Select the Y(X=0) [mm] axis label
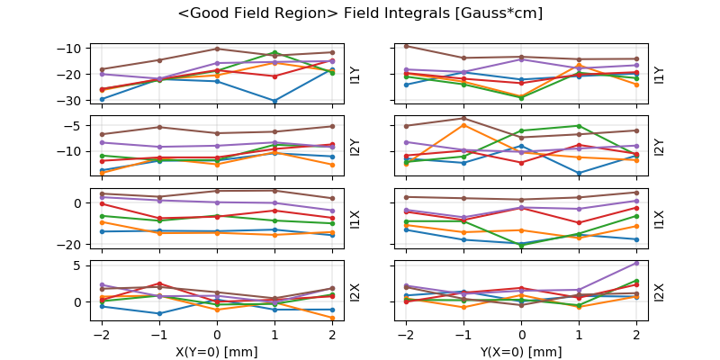[x=521, y=352]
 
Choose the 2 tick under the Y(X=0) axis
[x=635, y=335]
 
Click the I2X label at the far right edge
[x=659, y=292]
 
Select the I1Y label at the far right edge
[x=659, y=74]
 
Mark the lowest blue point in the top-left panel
[x=274, y=101]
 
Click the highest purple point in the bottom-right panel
[x=635, y=263]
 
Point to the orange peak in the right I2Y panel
[x=463, y=124]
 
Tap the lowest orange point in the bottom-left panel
[x=332, y=318]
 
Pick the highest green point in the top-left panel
[x=274, y=52]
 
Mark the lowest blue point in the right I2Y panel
[x=579, y=173]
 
